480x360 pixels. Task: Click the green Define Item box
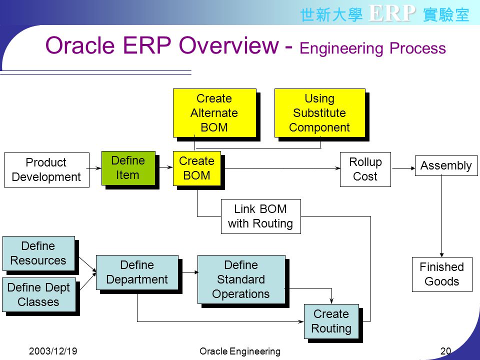(x=128, y=168)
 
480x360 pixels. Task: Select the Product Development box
(x=47, y=170)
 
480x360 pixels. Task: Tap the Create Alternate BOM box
(x=214, y=113)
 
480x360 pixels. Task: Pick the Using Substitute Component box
(x=320, y=113)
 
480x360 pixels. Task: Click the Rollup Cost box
(x=365, y=169)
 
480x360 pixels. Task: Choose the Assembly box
(x=446, y=165)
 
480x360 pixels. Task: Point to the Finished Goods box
(x=442, y=274)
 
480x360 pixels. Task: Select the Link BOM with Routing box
(x=261, y=216)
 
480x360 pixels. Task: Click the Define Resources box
(x=39, y=253)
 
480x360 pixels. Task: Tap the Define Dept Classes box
(x=39, y=295)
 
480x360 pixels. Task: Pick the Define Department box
(x=137, y=272)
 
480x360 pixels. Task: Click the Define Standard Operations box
(x=241, y=279)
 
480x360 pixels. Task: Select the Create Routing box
(x=331, y=321)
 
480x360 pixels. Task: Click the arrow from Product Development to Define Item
(x=94, y=168)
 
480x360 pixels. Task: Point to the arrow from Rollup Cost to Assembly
(x=404, y=168)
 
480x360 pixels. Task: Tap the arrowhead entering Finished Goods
(x=441, y=255)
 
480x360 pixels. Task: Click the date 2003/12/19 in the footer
(x=53, y=351)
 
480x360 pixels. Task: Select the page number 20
(x=445, y=351)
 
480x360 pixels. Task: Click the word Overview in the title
(x=229, y=45)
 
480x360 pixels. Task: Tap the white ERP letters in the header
(x=392, y=13)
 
